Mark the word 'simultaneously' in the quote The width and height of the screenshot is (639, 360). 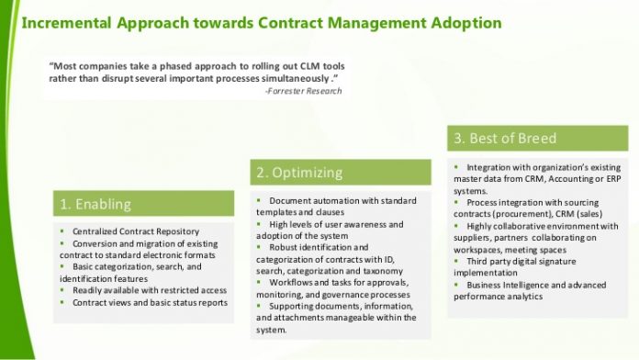tap(290, 78)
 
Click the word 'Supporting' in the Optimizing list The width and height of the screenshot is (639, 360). tap(291, 306)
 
